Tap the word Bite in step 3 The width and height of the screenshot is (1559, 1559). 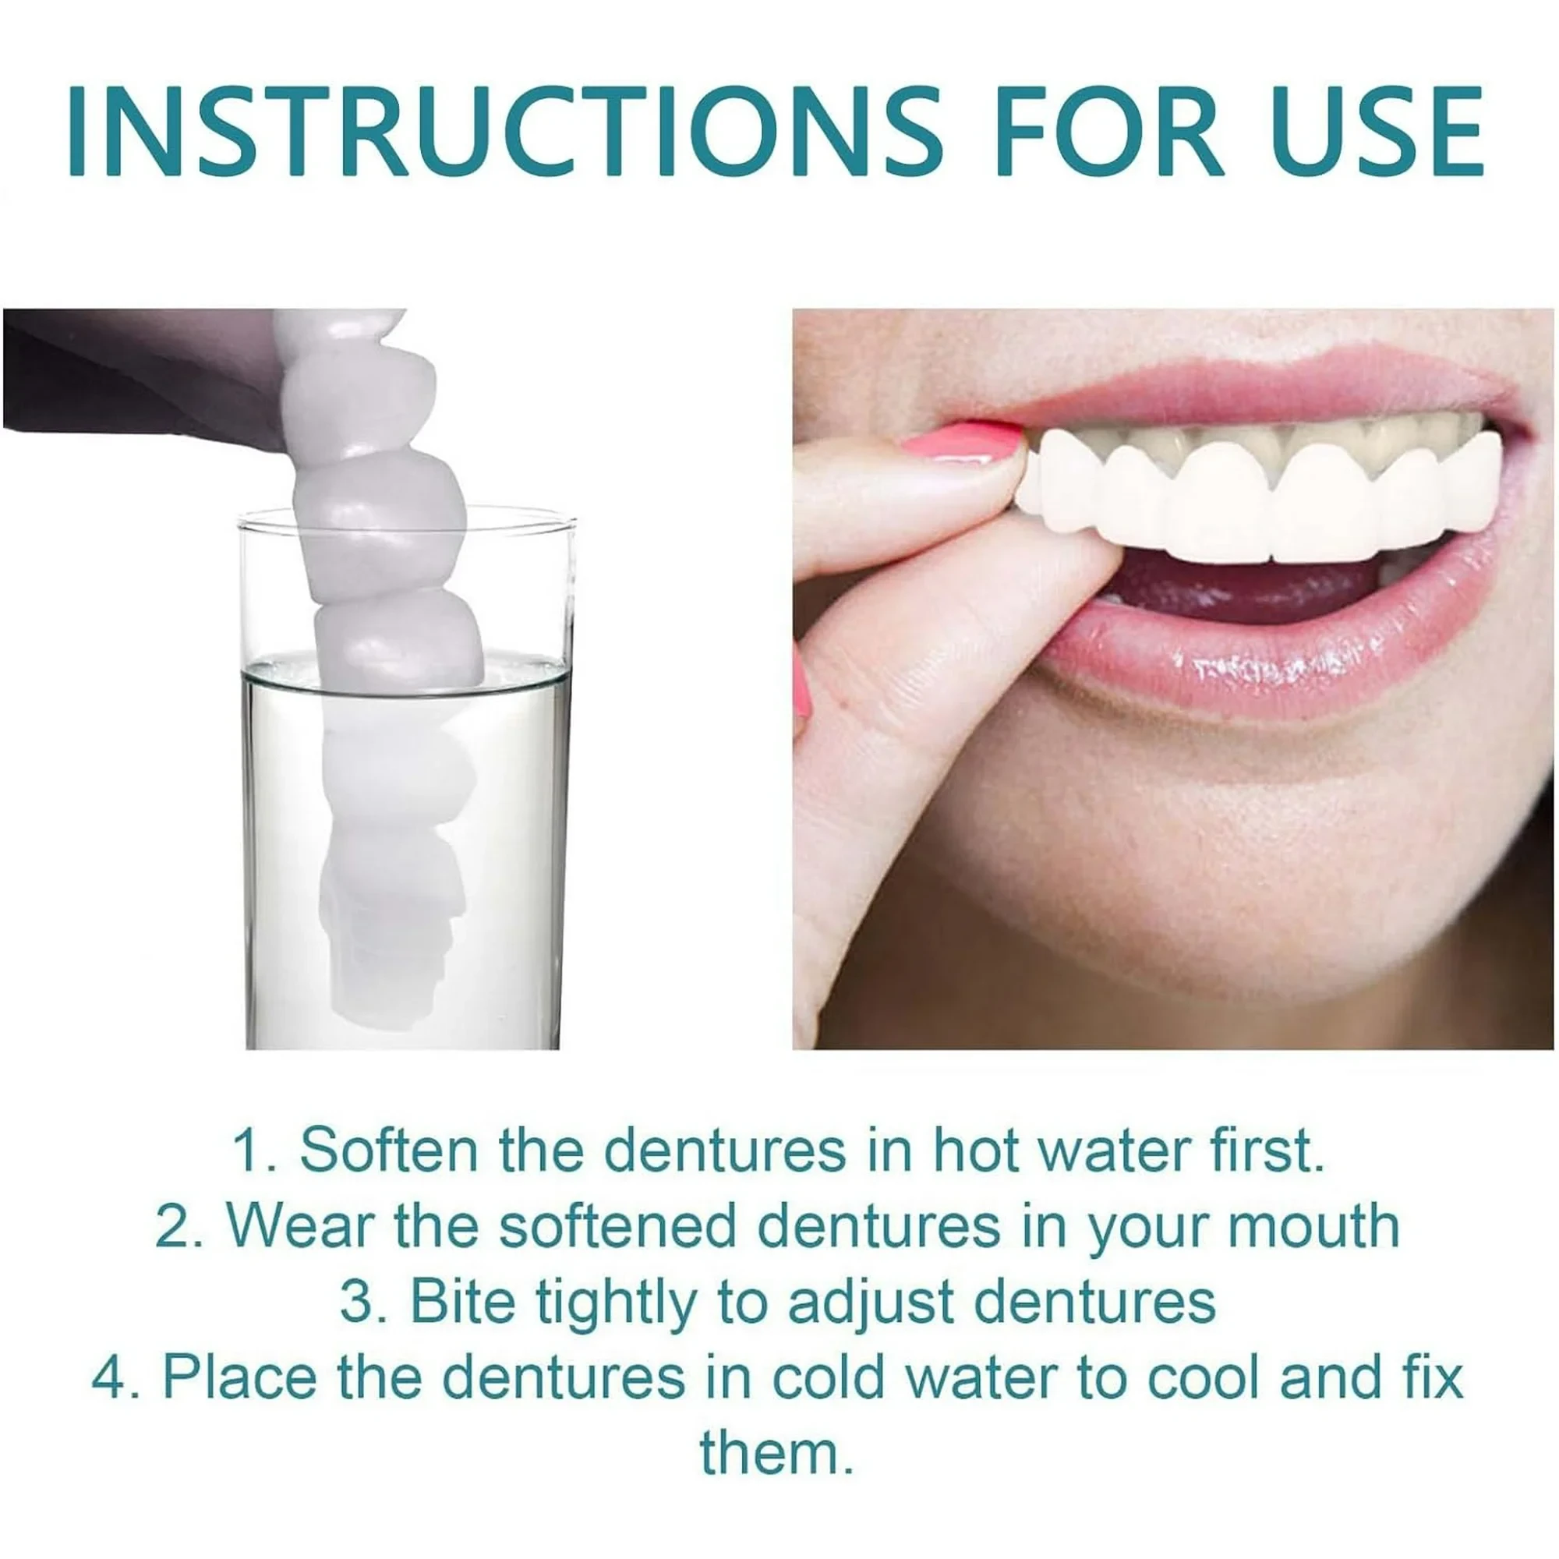pyautogui.click(x=461, y=1302)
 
